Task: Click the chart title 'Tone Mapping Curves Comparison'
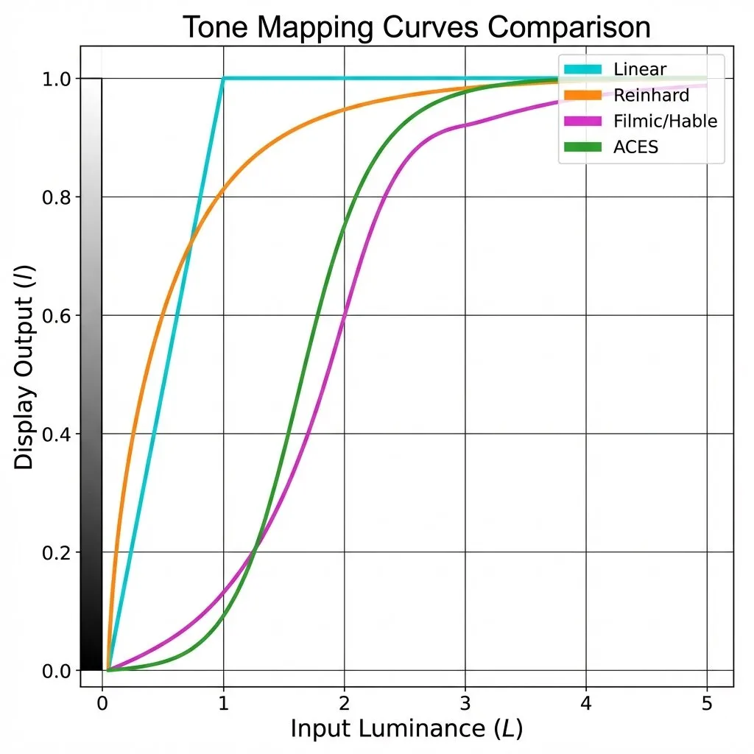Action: click(416, 27)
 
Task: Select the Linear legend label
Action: click(639, 70)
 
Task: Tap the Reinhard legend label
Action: click(650, 95)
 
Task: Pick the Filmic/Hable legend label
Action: click(664, 121)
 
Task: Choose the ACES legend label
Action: click(635, 147)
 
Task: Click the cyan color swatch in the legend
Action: click(582, 70)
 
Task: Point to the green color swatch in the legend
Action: click(582, 147)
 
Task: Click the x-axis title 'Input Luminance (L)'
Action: click(406, 729)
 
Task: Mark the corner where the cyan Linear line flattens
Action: click(223, 78)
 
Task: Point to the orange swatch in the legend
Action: click(582, 95)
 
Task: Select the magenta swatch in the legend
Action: click(582, 121)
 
